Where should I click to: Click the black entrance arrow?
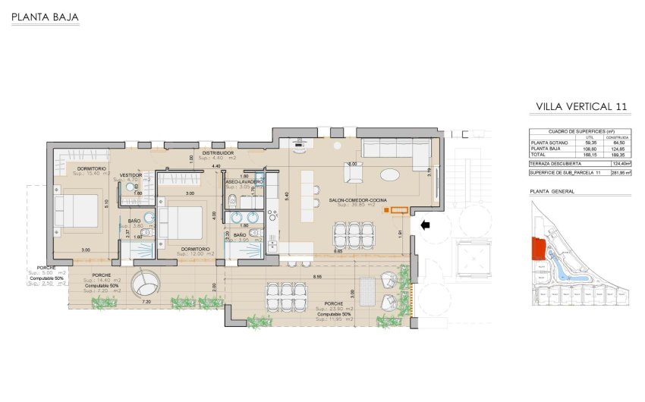point(427,224)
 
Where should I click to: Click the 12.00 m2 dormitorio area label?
point(195,254)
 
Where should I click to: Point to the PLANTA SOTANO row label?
point(549,141)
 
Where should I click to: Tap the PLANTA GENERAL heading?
point(552,192)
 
